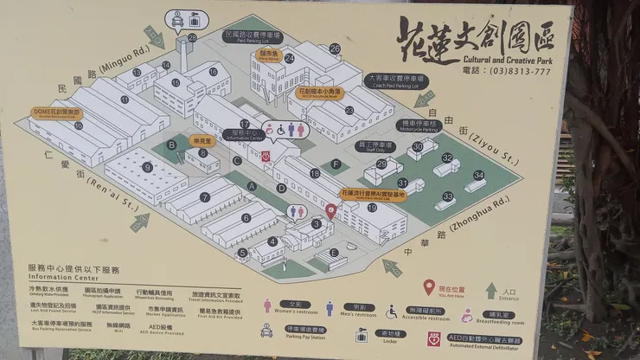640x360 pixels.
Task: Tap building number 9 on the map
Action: pyautogui.click(x=148, y=168)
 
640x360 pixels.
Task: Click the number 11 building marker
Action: pyautogui.click(x=125, y=100)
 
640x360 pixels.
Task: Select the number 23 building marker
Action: pyautogui.click(x=349, y=111)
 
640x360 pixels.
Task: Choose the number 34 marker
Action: pyautogui.click(x=477, y=175)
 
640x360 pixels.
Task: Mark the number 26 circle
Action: pyautogui.click(x=335, y=49)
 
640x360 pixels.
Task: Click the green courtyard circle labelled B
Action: pyautogui.click(x=171, y=145)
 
